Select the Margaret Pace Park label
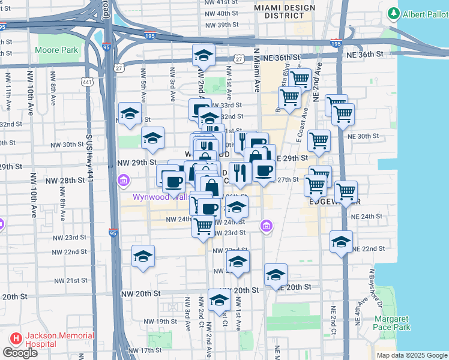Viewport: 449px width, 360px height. click(x=393, y=323)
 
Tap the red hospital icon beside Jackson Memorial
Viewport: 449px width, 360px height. click(x=13, y=340)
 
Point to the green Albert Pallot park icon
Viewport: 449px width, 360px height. click(x=394, y=13)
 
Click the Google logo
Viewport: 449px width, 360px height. click(x=20, y=353)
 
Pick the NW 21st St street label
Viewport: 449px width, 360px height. click(x=71, y=281)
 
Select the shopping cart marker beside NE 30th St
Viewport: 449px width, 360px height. click(x=319, y=140)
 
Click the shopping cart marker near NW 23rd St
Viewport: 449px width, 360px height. click(x=203, y=226)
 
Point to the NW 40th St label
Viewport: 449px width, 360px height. click(x=222, y=13)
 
